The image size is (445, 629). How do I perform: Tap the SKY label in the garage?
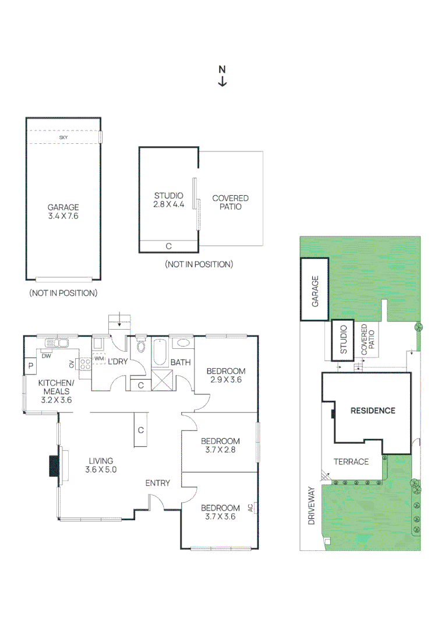pyautogui.click(x=63, y=137)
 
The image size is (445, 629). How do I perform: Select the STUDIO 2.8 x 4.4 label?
pyautogui.click(x=168, y=200)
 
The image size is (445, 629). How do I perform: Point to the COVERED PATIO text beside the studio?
pyautogui.click(x=230, y=202)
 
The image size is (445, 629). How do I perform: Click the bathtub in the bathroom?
pyautogui.click(x=160, y=352)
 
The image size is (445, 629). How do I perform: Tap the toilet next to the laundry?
pyautogui.click(x=140, y=348)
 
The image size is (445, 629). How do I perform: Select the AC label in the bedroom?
pyautogui.click(x=251, y=507)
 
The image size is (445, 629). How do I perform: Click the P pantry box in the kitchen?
pyautogui.click(x=30, y=366)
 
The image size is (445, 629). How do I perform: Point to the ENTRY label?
pyautogui.click(x=157, y=483)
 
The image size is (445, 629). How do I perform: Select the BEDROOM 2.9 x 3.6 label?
pyautogui.click(x=225, y=375)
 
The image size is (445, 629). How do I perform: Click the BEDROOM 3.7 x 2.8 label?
pyautogui.click(x=220, y=445)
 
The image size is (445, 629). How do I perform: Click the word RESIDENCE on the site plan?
pyautogui.click(x=372, y=411)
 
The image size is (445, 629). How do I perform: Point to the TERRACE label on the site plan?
pyautogui.click(x=351, y=462)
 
